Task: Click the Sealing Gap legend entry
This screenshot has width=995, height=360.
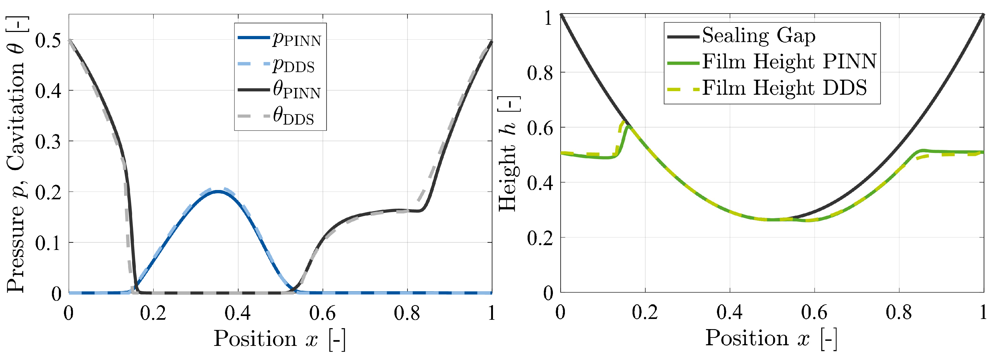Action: (x=759, y=35)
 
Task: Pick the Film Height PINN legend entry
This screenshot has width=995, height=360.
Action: (x=789, y=62)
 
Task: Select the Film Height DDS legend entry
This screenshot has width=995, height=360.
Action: (x=784, y=88)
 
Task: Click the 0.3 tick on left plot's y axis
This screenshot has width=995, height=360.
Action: (x=48, y=142)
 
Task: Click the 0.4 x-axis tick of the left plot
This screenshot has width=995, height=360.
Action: (x=238, y=313)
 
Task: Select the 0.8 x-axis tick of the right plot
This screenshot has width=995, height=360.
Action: (x=899, y=312)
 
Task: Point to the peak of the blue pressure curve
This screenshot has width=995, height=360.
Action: (x=218, y=191)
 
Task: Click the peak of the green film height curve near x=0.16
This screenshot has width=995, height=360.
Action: (x=629, y=126)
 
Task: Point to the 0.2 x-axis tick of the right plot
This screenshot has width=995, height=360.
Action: (x=645, y=312)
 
